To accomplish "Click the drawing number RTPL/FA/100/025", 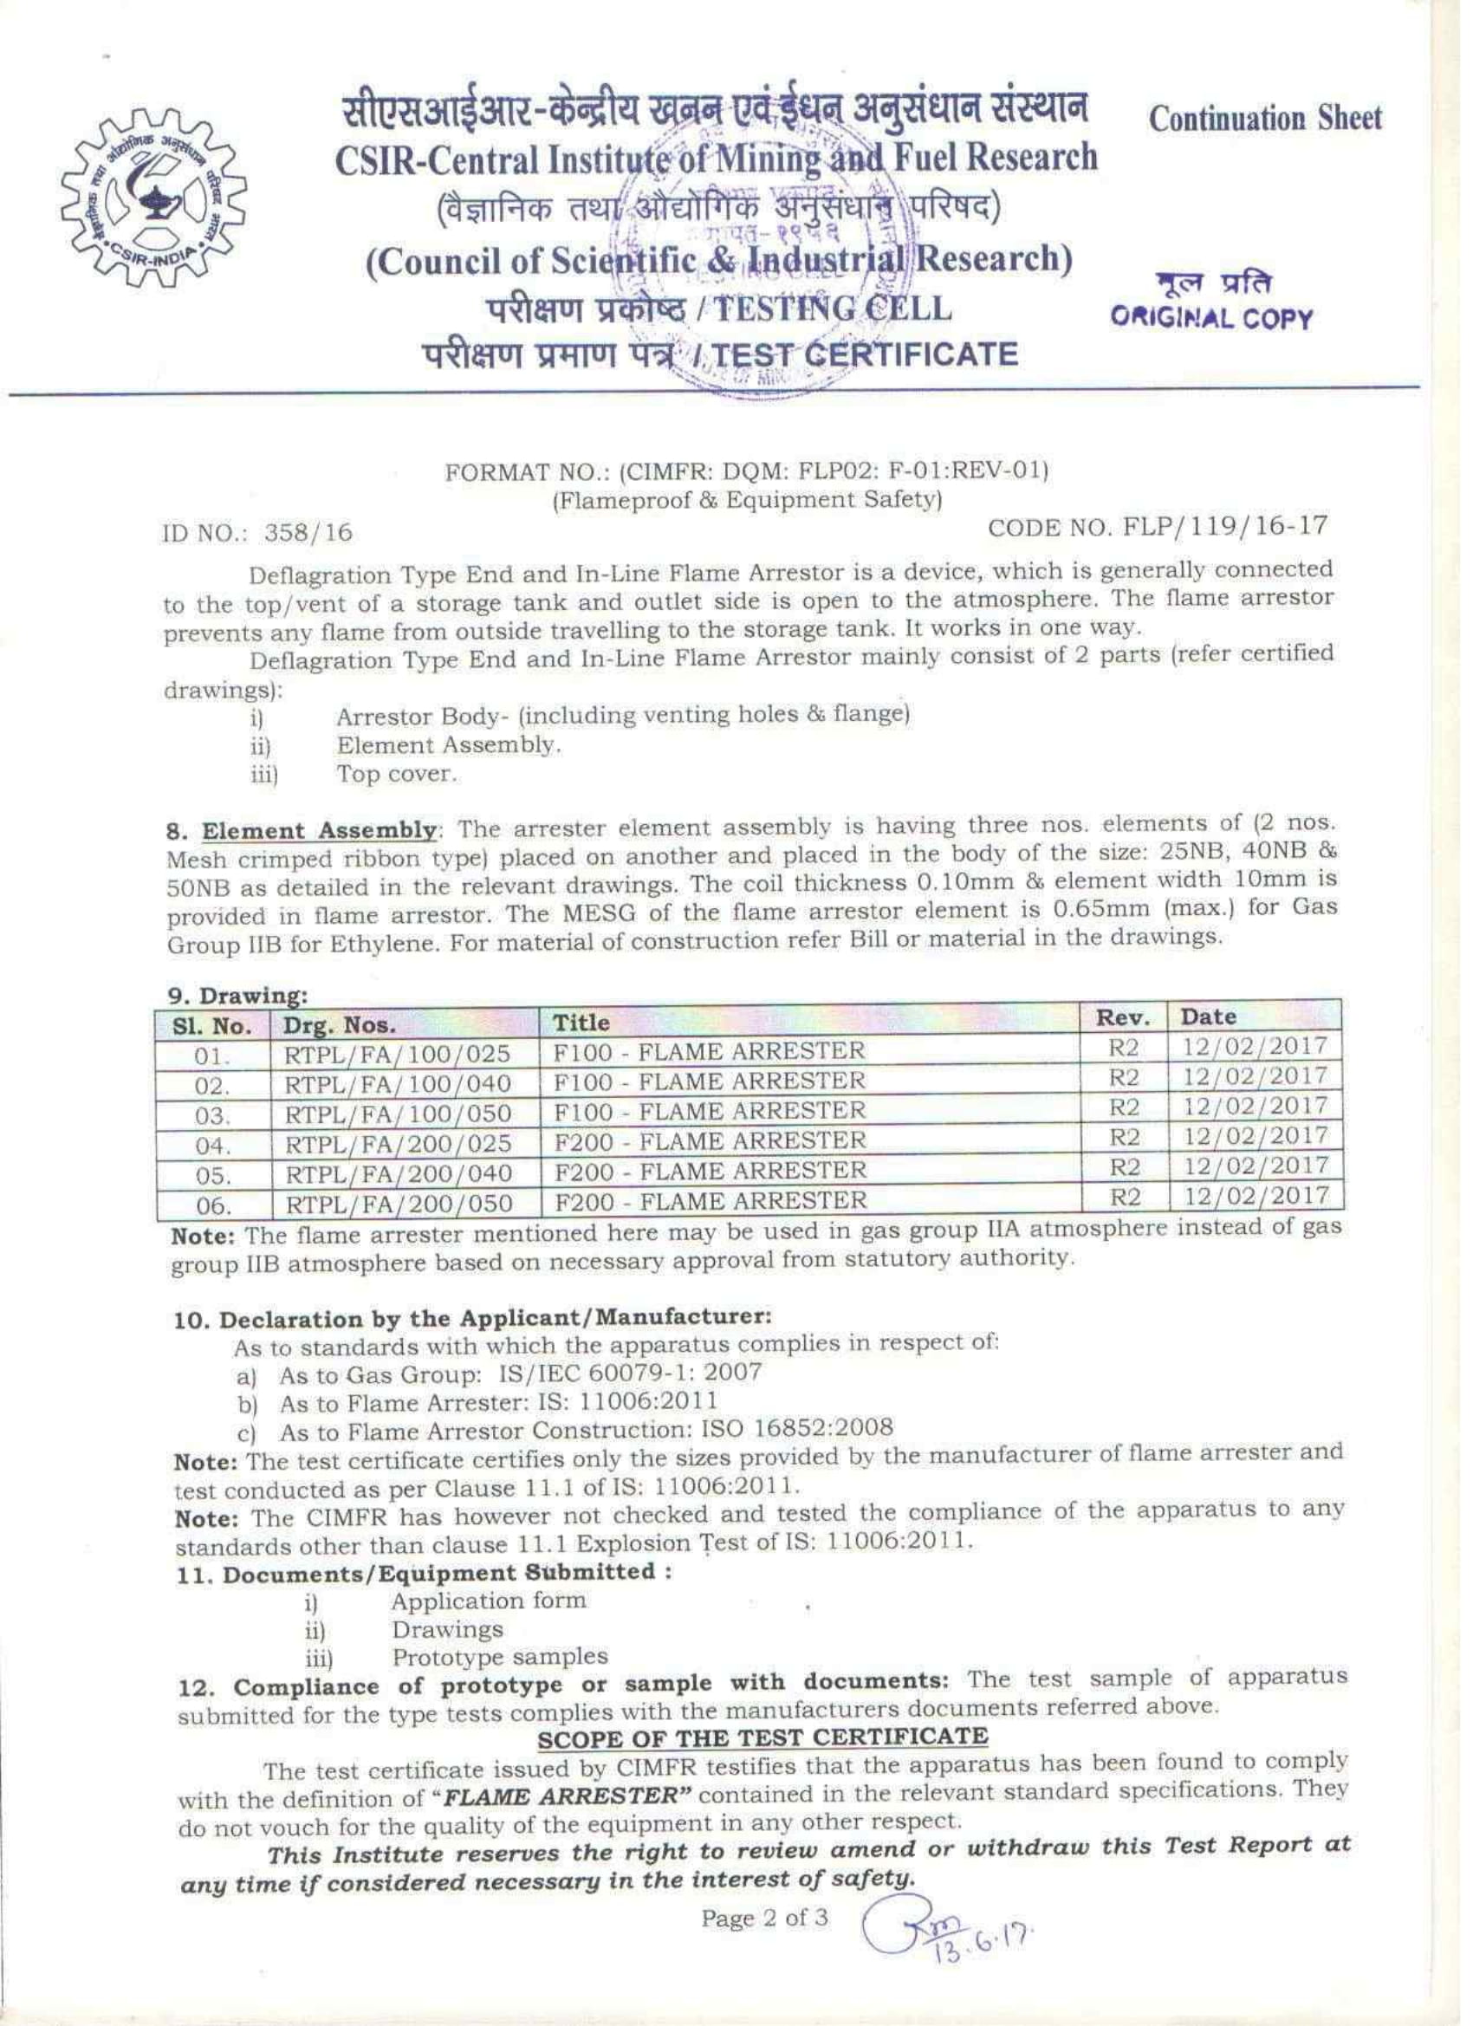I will tap(397, 1053).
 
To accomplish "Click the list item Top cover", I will tap(397, 775).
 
